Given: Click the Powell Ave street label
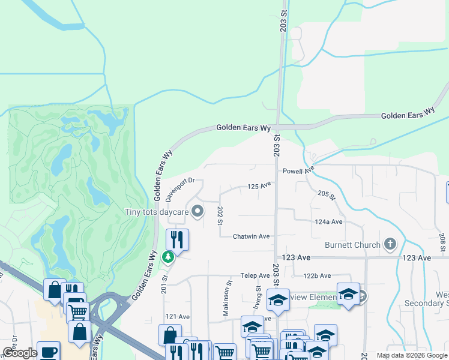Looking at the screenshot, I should click(299, 170).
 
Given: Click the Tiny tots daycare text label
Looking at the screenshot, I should click(156, 211).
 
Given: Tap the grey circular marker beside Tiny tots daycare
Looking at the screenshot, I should click(197, 211).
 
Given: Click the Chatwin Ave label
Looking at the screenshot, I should click(252, 236).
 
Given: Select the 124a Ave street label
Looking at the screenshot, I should click(328, 221).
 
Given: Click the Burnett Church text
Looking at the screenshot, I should click(352, 245).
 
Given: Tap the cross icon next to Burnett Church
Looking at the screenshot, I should click(390, 244).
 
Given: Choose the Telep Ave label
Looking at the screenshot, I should click(256, 275).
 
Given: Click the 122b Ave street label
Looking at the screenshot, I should click(317, 275).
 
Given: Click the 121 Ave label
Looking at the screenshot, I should click(178, 316).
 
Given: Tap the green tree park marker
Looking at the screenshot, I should click(169, 257).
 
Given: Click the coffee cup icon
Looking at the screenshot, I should click(48, 351).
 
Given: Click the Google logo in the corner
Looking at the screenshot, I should click(19, 353).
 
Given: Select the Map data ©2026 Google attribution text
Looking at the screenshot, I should click(412, 355).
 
